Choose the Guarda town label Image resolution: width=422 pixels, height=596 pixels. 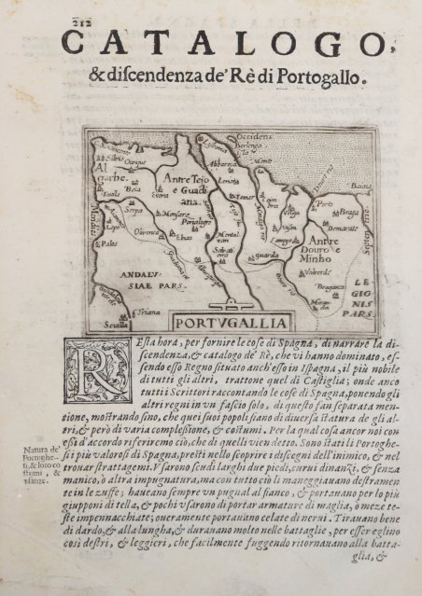click(267, 255)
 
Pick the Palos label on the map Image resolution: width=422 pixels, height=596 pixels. click(109, 243)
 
